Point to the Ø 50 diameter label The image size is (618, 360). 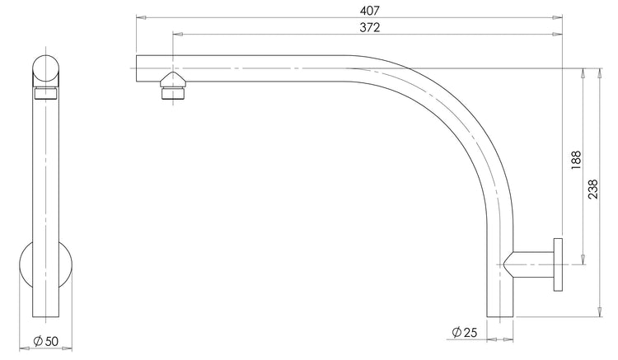pyautogui.click(x=44, y=340)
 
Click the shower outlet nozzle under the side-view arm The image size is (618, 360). pyautogui.click(x=173, y=85)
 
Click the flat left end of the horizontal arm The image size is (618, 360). pyautogui.click(x=136, y=68)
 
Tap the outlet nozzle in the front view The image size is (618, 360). pyautogui.click(x=46, y=92)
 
